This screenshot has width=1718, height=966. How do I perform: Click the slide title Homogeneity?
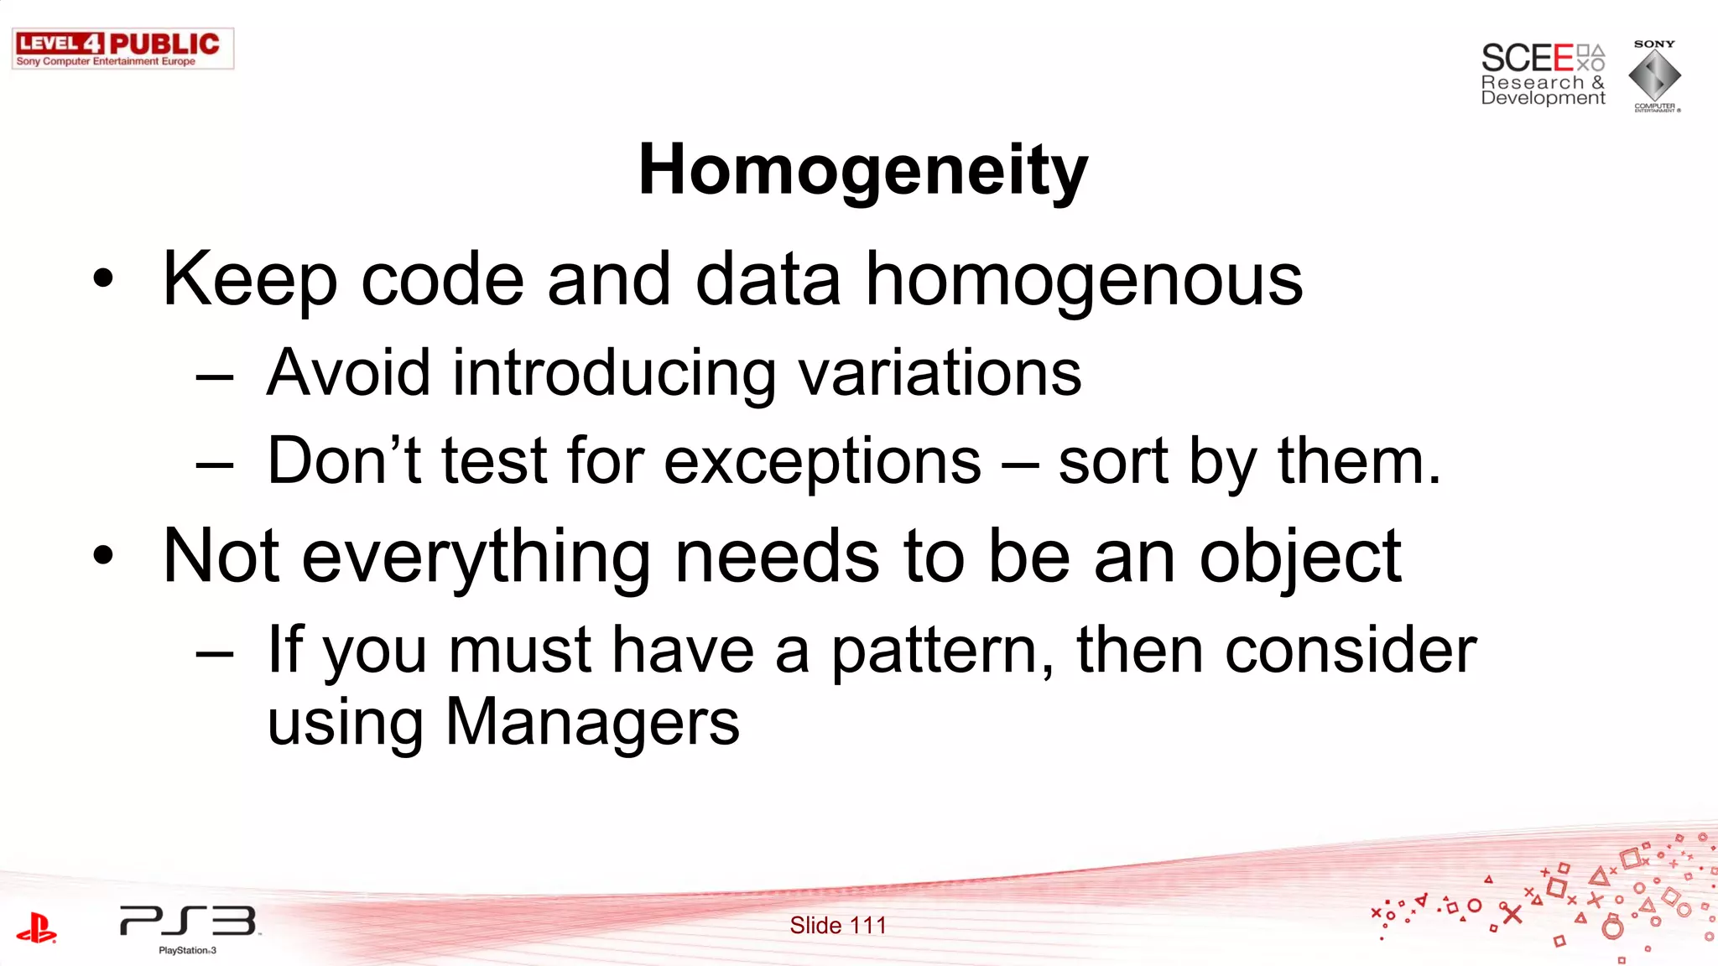coord(862,170)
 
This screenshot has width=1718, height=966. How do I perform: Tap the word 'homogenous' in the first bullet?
coord(1084,280)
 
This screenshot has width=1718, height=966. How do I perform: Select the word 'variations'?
coord(940,372)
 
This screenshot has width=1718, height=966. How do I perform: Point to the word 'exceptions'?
coord(822,461)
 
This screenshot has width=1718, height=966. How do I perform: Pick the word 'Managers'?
coord(592,722)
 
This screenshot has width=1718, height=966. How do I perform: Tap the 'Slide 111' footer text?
coord(837,925)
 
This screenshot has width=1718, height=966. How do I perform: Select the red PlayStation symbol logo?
coord(36,928)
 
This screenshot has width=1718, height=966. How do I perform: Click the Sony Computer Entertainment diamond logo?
coord(1654,76)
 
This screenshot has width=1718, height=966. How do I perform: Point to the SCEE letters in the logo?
coord(1527,58)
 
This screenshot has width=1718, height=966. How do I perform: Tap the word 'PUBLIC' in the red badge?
coord(164,44)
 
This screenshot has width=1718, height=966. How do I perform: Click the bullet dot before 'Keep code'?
coord(102,279)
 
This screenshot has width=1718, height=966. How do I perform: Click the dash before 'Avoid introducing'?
coord(214,377)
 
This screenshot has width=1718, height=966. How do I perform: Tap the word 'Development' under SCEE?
coord(1543,98)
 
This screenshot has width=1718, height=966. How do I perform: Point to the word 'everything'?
coord(476,557)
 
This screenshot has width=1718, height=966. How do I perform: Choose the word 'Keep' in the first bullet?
coord(250,280)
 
